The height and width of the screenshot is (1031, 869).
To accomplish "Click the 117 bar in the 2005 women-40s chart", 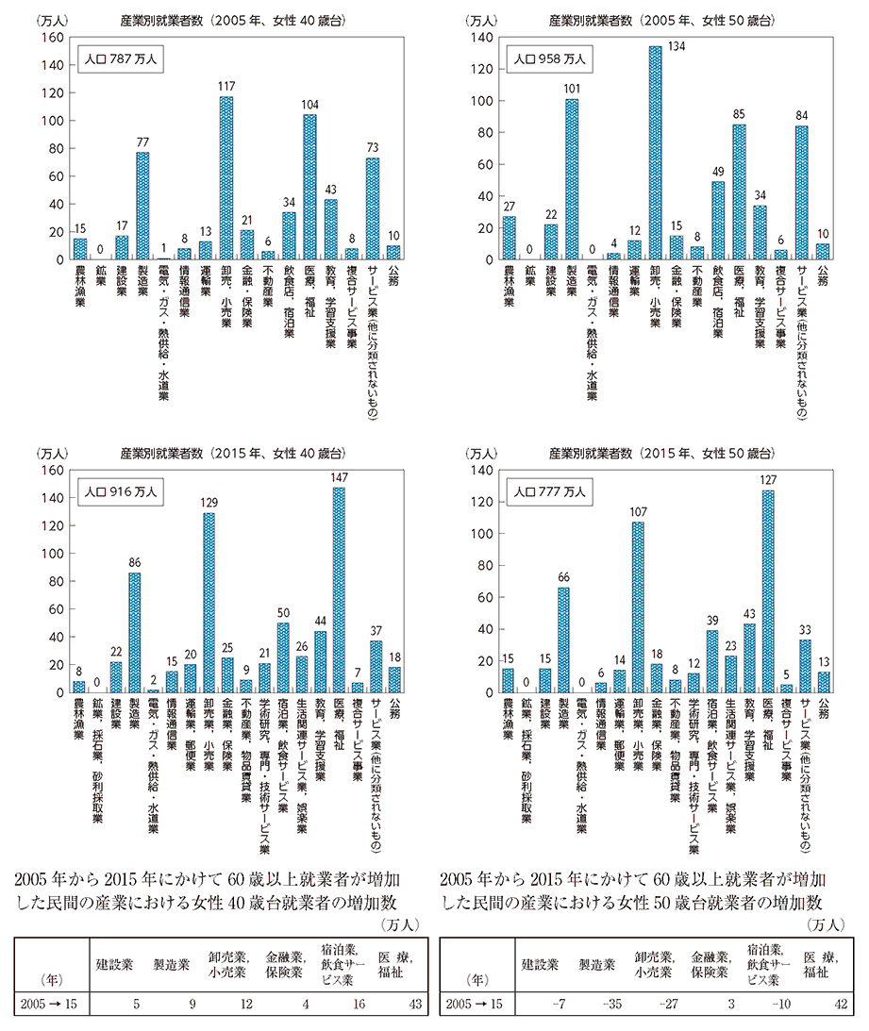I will [226, 177].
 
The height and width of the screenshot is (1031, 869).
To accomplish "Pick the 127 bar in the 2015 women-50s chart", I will [769, 590].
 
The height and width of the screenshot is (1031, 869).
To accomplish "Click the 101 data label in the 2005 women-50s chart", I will [572, 90].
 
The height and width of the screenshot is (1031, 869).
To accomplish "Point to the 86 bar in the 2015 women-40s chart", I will [135, 632].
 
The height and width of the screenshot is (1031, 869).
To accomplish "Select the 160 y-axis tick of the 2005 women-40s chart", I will [53, 37].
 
